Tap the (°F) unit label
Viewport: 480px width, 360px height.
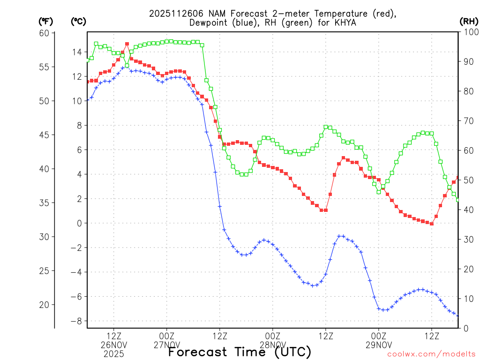click(x=46, y=22)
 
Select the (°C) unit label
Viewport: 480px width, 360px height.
click(x=78, y=22)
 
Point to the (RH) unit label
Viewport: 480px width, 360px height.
click(x=469, y=22)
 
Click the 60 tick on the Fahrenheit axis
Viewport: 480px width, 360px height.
click(x=45, y=33)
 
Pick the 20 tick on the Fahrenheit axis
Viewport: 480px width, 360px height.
click(x=45, y=305)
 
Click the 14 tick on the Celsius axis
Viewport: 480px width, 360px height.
click(x=76, y=52)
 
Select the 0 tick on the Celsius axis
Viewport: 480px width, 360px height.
click(x=79, y=223)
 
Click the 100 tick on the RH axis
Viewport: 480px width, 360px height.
click(x=470, y=32)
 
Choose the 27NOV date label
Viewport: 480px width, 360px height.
click(x=166, y=345)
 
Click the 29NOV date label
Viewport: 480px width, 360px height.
click(x=379, y=345)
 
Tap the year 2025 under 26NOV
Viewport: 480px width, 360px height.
click(x=113, y=354)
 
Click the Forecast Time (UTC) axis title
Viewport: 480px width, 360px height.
click(x=240, y=352)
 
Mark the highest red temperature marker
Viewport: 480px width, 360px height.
click(x=127, y=44)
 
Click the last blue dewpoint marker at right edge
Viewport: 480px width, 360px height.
click(x=458, y=315)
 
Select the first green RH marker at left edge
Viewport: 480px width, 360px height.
click(x=87, y=60)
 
